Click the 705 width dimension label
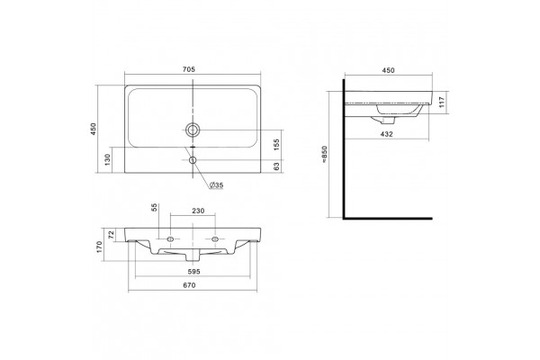189,69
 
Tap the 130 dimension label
107,159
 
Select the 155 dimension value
276,144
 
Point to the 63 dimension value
276,166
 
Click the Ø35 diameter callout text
217,185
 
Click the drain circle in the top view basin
193,130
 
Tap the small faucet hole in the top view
193,160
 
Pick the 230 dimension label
198,211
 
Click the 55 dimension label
155,207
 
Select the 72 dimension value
112,235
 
